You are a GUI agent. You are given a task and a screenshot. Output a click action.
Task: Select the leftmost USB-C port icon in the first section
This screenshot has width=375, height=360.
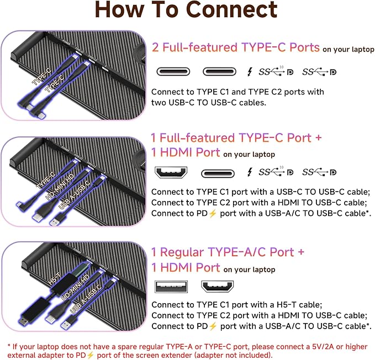point(173,72)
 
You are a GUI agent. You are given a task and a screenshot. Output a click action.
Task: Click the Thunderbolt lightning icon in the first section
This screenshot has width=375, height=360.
point(251,72)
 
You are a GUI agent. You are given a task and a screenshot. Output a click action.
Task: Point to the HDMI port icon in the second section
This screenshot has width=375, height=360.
point(172,173)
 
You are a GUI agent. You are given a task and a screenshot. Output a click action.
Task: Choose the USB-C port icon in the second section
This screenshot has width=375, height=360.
point(218,173)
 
